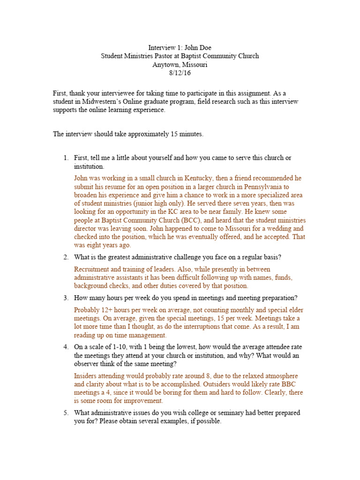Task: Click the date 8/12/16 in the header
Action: point(180,73)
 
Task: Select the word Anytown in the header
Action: point(165,64)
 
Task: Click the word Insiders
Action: point(86,376)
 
